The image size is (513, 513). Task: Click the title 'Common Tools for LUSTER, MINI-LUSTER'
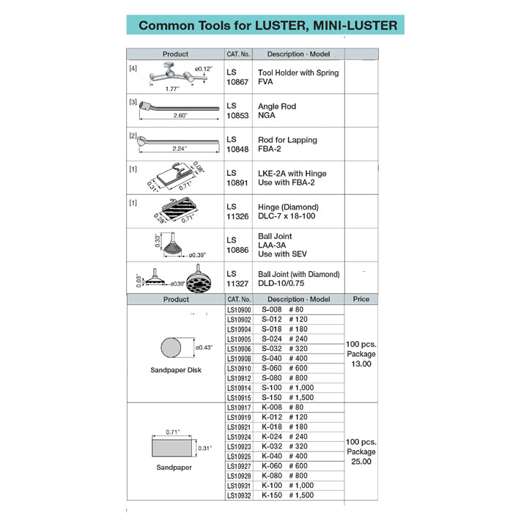pos(268,25)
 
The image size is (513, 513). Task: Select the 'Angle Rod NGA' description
pos(277,111)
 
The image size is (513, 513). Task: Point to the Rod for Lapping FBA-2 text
pos(287,144)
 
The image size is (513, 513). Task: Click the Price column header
pos(361,299)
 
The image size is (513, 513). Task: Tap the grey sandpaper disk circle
pos(174,347)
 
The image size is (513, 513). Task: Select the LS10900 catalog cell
pos(239,310)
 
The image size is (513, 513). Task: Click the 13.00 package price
pos(361,363)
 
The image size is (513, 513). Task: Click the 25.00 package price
pos(361,462)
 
